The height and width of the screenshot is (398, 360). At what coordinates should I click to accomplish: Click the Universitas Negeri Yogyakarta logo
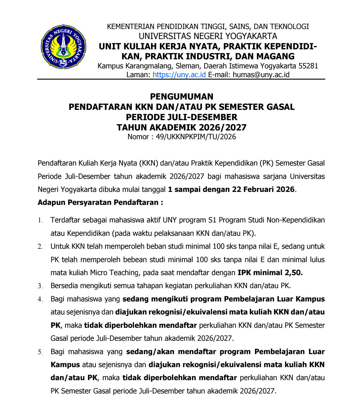pyautogui.click(x=64, y=47)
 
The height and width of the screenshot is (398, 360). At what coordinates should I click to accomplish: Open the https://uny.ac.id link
pyautogui.click(x=179, y=75)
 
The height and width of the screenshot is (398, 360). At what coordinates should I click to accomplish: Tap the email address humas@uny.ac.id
pyautogui.click(x=261, y=75)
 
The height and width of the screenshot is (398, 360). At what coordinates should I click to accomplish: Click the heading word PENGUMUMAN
pyautogui.click(x=182, y=97)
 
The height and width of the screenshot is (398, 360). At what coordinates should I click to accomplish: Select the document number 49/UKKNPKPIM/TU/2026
pyautogui.click(x=196, y=137)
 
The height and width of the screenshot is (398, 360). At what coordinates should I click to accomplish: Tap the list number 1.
pyautogui.click(x=40, y=220)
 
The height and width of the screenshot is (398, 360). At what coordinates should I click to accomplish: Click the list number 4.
pyautogui.click(x=40, y=299)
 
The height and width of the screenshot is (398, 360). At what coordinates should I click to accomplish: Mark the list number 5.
pyautogui.click(x=40, y=352)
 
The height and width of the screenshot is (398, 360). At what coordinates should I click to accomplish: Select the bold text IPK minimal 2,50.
pyautogui.click(x=270, y=273)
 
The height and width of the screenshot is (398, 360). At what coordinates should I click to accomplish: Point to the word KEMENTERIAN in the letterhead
pyautogui.click(x=131, y=27)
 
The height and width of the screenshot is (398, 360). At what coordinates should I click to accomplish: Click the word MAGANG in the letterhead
pyautogui.click(x=276, y=56)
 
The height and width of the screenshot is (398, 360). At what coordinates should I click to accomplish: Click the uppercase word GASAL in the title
pyautogui.click(x=280, y=107)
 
